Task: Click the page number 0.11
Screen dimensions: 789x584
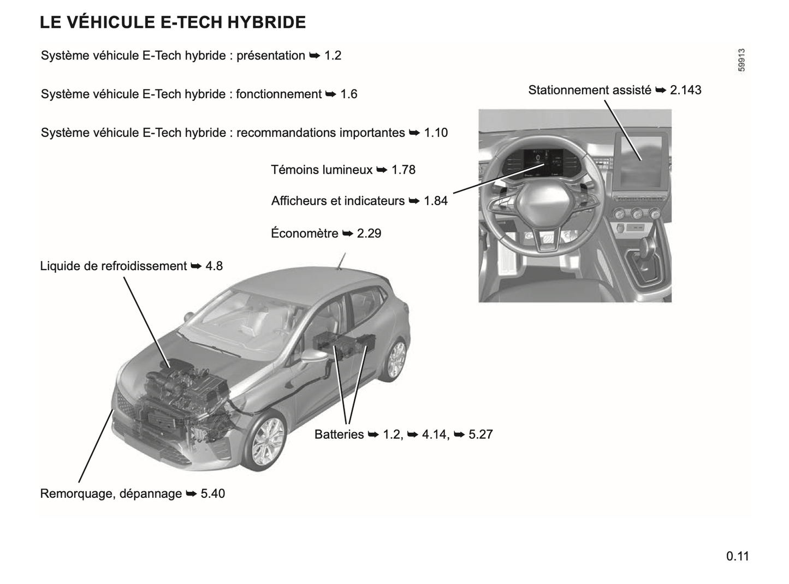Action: click(738, 556)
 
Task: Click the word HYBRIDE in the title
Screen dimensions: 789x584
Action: click(266, 22)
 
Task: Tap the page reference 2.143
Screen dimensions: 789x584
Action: click(685, 90)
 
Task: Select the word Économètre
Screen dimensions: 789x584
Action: click(305, 233)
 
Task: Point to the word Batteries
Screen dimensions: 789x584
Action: click(339, 434)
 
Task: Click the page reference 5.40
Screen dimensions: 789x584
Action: click(213, 493)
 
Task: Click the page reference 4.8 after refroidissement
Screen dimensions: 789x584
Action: click(214, 266)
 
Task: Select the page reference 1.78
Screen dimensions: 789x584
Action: click(404, 170)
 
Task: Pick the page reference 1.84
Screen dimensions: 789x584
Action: click(435, 201)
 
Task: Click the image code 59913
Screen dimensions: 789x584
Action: click(741, 60)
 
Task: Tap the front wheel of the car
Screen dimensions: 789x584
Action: click(265, 441)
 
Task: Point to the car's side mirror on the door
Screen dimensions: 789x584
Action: click(314, 356)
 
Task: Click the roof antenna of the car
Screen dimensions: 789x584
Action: click(341, 261)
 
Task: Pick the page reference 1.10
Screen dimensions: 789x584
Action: click(436, 133)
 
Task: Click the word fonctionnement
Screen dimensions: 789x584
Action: click(278, 94)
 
